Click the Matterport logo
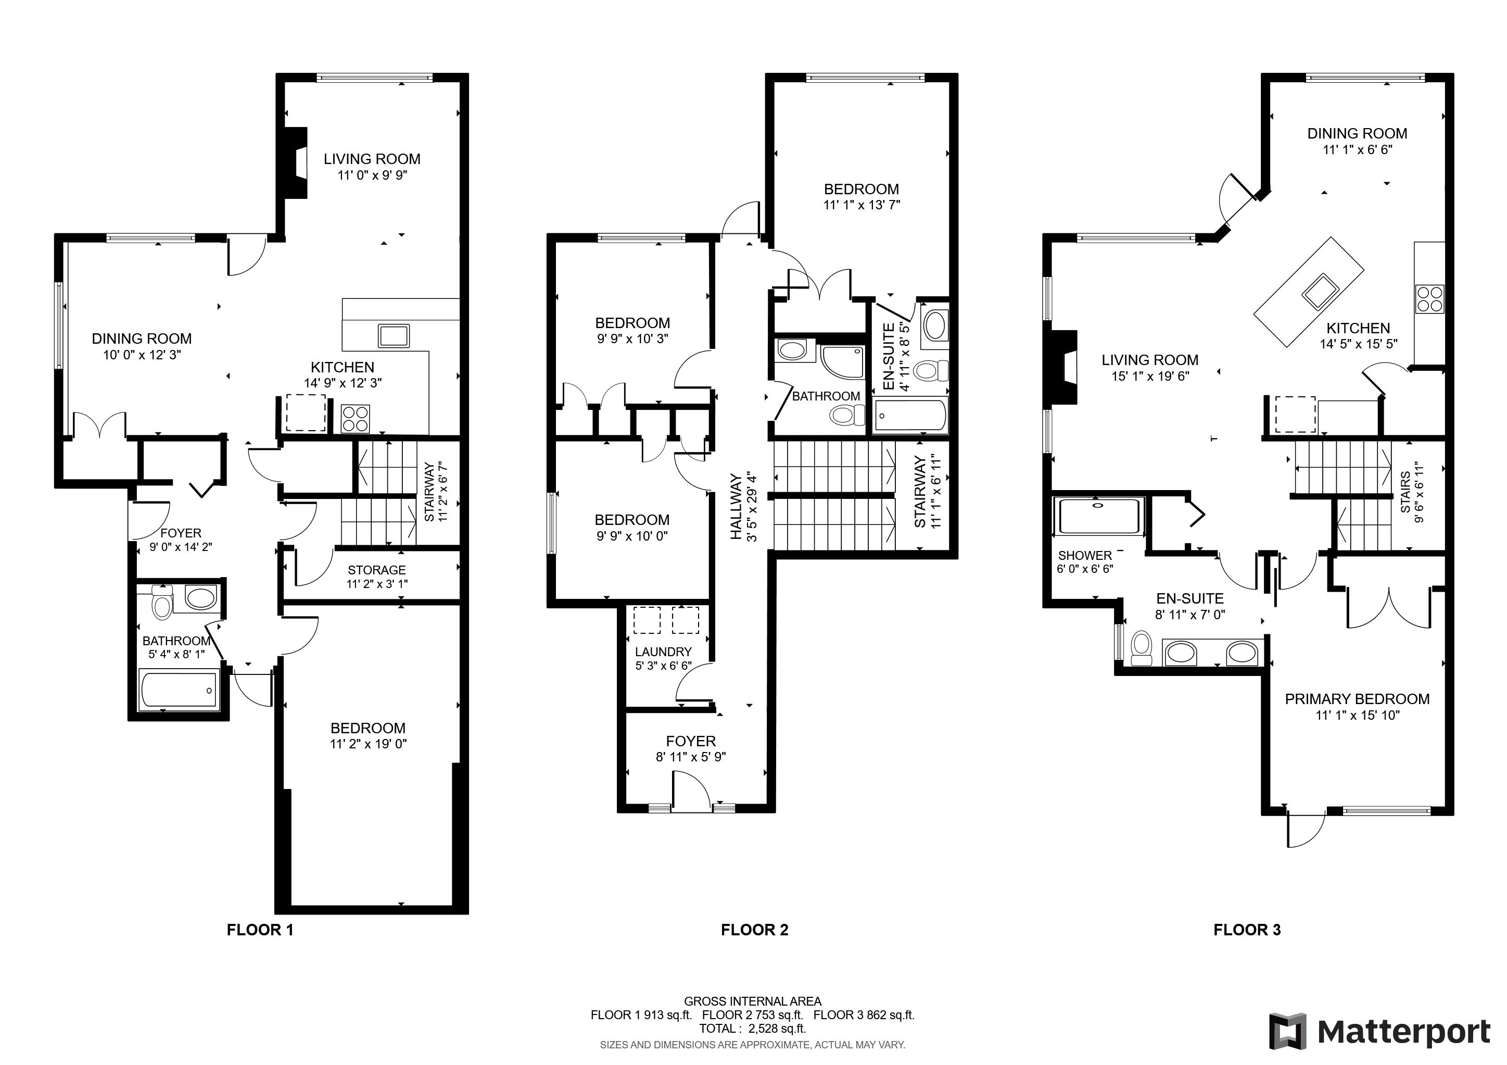(x=1379, y=1032)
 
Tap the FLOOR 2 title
(x=754, y=930)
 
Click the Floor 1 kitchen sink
(x=394, y=335)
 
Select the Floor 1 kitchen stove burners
(x=355, y=418)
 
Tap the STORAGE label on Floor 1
(x=377, y=570)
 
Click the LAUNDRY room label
(x=663, y=651)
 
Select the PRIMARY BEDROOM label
(x=1357, y=698)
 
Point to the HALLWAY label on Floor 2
(x=736, y=507)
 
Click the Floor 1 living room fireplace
(x=297, y=164)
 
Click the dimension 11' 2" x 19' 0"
(x=368, y=744)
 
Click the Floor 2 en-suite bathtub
(x=911, y=416)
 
